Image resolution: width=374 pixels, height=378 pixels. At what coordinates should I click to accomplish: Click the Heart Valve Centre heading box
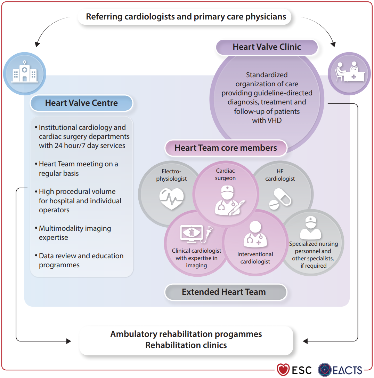[81, 103]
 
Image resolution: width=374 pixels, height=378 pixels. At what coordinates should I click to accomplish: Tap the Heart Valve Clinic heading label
[267, 47]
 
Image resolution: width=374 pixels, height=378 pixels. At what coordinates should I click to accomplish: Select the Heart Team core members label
[226, 148]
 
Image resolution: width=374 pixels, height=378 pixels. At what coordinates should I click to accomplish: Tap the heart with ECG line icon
[171, 199]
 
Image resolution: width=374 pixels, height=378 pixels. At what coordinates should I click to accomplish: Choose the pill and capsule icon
[280, 199]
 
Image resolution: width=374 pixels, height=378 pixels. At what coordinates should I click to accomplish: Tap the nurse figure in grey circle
[310, 228]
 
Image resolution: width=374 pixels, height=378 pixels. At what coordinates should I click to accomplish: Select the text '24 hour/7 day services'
[82, 145]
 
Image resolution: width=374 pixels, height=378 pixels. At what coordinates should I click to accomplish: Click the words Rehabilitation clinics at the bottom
[186, 345]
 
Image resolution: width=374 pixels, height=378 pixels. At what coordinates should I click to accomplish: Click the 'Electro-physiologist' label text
[171, 175]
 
